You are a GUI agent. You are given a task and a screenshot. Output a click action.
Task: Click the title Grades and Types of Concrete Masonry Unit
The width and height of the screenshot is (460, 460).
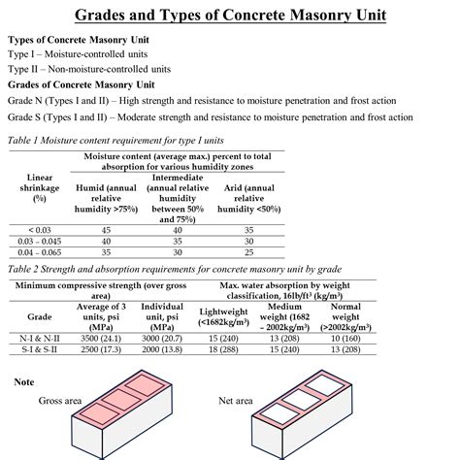[x=229, y=16]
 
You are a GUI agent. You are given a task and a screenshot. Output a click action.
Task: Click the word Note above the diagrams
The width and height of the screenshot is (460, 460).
[x=24, y=381]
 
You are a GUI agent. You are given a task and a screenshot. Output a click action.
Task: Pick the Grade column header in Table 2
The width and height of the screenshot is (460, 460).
[x=40, y=316]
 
